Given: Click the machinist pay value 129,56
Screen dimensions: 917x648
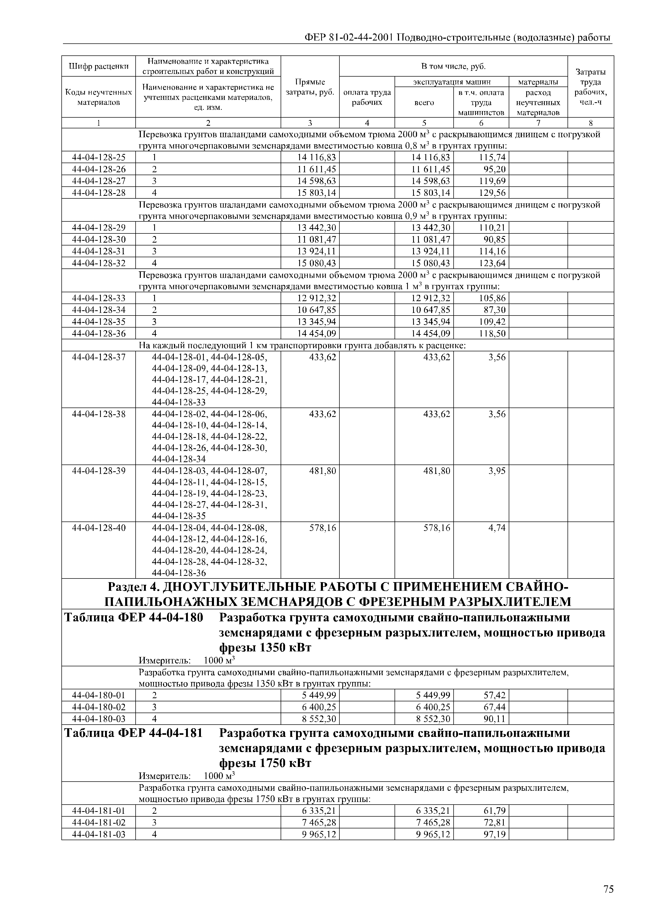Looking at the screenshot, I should point(492,193).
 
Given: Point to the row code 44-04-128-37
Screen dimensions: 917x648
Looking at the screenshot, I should point(99,357).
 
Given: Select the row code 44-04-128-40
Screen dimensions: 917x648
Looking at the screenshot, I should point(99,528).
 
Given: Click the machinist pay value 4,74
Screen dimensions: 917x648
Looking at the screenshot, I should point(497,528).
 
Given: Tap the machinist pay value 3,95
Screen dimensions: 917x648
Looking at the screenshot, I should point(497,471).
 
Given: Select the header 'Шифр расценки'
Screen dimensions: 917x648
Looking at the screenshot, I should point(99,66).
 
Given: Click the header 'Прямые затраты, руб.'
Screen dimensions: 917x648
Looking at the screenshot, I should point(310,87).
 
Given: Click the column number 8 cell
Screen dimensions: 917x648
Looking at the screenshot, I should point(591,123).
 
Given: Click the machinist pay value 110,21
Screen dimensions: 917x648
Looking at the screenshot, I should point(492,228).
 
